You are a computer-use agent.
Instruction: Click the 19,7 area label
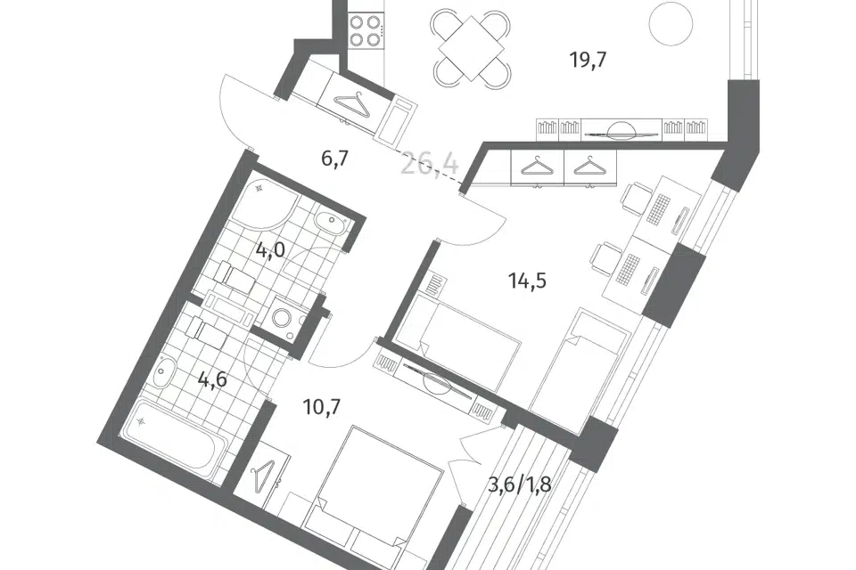pyautogui.click(x=588, y=59)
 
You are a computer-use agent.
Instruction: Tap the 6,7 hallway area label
pyautogui.click(x=334, y=160)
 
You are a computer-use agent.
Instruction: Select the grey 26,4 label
pyautogui.click(x=430, y=163)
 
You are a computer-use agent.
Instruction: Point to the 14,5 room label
pyautogui.click(x=527, y=281)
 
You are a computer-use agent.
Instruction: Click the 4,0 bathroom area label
pyautogui.click(x=271, y=251)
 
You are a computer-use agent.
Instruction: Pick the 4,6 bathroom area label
pyautogui.click(x=212, y=379)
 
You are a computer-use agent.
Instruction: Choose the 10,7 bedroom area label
pyautogui.click(x=322, y=406)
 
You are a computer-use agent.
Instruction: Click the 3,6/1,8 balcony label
pyautogui.click(x=519, y=484)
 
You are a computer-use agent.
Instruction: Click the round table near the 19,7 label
pyautogui.click(x=671, y=23)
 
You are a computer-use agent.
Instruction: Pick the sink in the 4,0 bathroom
pyautogui.click(x=333, y=224)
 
